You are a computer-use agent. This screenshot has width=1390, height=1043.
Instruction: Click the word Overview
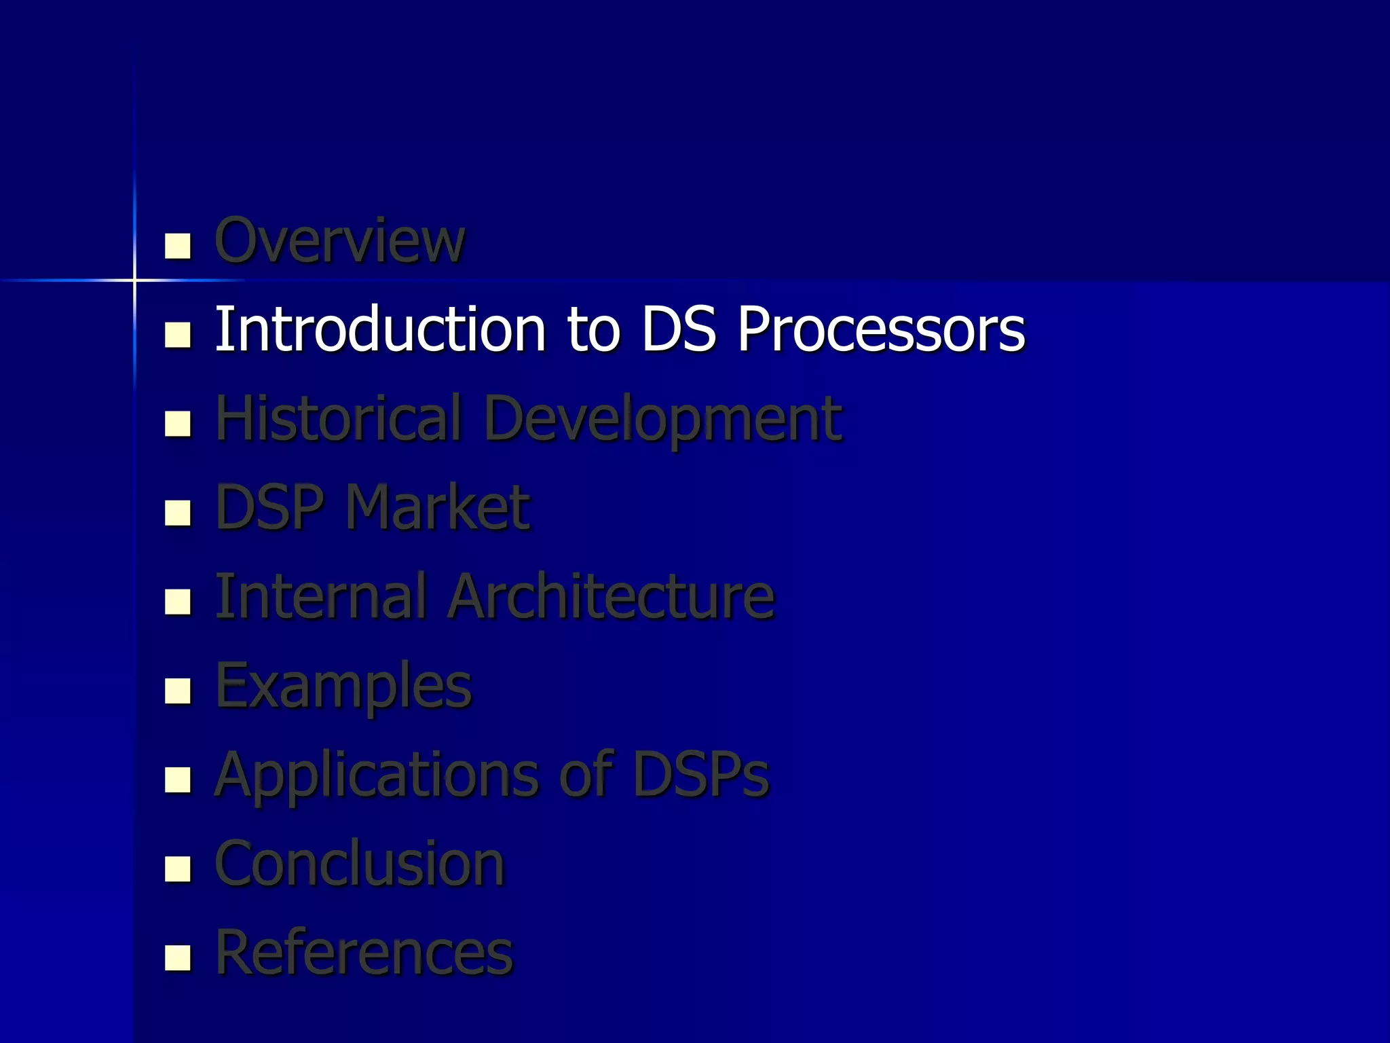pyautogui.click(x=339, y=240)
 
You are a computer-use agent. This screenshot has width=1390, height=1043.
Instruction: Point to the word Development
pyautogui.click(x=663, y=420)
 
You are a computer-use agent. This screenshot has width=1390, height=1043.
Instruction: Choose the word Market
pyautogui.click(x=438, y=507)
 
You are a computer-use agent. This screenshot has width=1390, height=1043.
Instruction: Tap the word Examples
pyautogui.click(x=343, y=687)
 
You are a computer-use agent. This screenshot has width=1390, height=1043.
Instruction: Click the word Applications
pyautogui.click(x=377, y=775)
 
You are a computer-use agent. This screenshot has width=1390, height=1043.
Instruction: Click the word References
pyautogui.click(x=364, y=953)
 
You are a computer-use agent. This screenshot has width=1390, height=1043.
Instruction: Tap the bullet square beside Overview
pyautogui.click(x=178, y=246)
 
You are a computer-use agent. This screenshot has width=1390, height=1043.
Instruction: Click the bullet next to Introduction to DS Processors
pyautogui.click(x=178, y=335)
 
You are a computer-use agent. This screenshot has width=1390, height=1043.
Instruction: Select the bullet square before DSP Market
pyautogui.click(x=178, y=513)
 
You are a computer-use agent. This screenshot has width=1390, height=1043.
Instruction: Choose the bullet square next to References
pyautogui.click(x=178, y=958)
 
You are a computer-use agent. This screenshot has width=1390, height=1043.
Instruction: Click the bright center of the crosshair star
pyautogui.click(x=134, y=280)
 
